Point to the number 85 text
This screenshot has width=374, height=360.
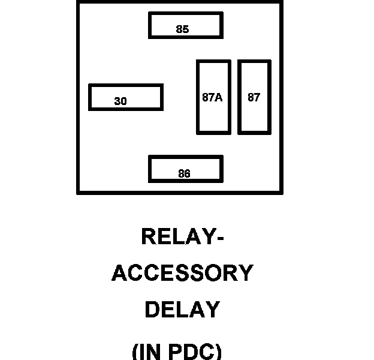pos(183,29)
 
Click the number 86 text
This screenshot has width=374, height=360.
pos(184,174)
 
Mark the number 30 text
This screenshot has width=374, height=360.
pos(120,101)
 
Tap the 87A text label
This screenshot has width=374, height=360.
pos(212,97)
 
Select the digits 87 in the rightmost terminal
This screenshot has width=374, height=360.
pos(254,97)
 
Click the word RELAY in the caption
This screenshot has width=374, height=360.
pos(176,236)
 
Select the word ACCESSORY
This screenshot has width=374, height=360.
pos(183,274)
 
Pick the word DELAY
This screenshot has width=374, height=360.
pos(182,310)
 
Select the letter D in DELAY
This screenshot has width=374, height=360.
pos(152,310)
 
